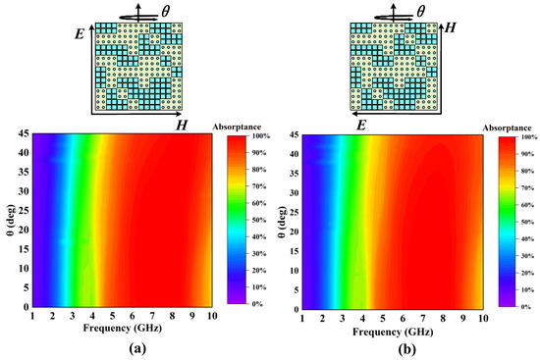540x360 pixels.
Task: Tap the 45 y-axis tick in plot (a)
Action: pos(24,133)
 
